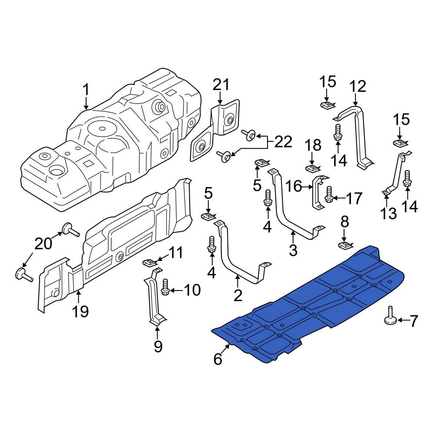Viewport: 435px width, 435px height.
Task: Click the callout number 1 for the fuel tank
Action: tap(86, 90)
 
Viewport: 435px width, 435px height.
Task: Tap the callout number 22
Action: tap(283, 142)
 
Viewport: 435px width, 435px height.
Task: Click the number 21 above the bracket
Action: tap(221, 85)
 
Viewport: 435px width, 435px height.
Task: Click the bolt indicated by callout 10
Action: tap(165, 287)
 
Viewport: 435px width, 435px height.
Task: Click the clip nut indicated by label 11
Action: tap(150, 262)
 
